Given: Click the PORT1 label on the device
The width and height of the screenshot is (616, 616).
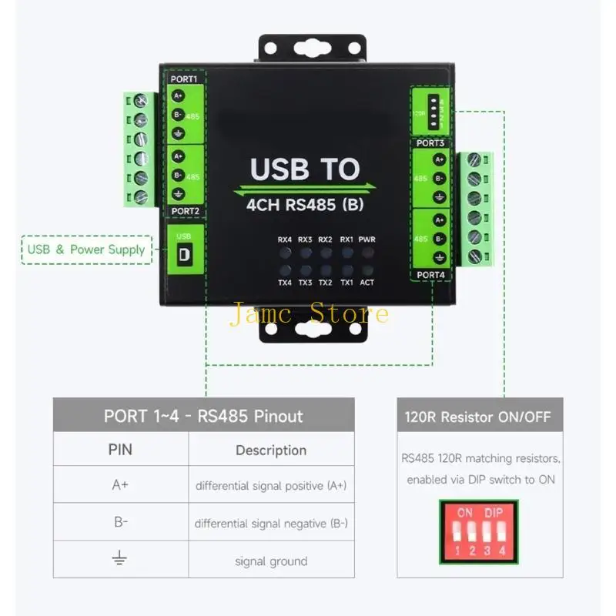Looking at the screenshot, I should point(184,79).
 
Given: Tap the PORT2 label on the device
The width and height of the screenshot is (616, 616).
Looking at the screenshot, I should point(185,210).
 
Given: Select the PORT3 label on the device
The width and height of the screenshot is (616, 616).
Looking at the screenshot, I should point(430,143).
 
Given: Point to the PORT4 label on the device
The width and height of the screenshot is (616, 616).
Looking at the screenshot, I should point(430,274).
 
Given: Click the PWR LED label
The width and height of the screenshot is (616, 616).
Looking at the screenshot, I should point(367,239).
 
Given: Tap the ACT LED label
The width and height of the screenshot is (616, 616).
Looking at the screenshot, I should point(367,283).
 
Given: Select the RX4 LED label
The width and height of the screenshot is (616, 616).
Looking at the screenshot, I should point(285,239).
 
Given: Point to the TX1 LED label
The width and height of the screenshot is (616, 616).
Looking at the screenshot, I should point(346,283).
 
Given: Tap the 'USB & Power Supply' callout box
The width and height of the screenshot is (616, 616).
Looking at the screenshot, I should point(85,249).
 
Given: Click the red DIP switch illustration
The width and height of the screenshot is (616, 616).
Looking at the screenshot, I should point(478,528).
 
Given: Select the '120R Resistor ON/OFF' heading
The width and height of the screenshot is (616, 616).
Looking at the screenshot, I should point(478,417).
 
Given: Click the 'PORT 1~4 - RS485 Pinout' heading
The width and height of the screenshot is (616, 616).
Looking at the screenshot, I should point(203,417).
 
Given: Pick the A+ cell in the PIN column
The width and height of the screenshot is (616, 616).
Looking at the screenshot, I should point(120,486).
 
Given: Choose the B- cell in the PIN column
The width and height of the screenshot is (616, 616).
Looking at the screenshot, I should point(120,522).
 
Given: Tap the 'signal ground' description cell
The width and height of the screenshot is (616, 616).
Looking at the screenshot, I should point(271,561).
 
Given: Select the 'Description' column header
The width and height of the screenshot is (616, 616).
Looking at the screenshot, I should point(271,450).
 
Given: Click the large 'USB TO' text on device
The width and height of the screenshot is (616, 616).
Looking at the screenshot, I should point(305,169).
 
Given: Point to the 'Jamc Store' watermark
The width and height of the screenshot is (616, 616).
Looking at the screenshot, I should point(308,313).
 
